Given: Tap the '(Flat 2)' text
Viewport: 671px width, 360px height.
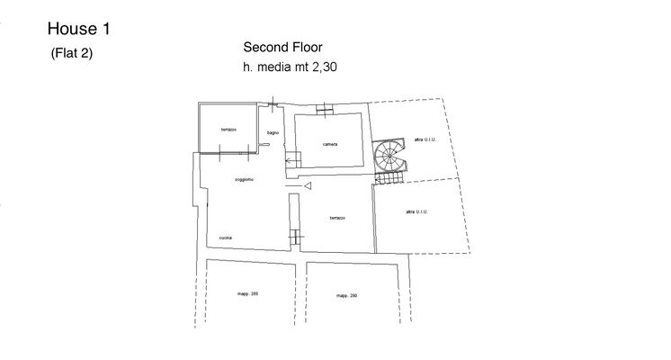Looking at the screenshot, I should [72, 53].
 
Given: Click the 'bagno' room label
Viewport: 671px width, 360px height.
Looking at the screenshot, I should [273, 133].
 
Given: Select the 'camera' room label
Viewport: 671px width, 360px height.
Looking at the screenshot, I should [330, 145].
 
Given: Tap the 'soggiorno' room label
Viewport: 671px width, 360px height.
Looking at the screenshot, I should [244, 180].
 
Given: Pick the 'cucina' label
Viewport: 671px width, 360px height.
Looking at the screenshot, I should [226, 238].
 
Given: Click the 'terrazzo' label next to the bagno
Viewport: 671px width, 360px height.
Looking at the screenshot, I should [228, 130].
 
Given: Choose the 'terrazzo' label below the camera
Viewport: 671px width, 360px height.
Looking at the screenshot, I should [337, 218].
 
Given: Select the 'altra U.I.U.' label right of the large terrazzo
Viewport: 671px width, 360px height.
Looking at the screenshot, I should [416, 211].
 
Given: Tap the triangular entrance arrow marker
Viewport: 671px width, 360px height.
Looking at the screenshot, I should [307, 186].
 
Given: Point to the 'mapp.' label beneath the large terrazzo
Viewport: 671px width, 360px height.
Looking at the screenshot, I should [347, 295].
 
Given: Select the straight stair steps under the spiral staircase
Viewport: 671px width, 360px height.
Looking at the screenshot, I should [388, 180].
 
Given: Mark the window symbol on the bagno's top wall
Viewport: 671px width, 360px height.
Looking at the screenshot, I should [273, 105].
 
